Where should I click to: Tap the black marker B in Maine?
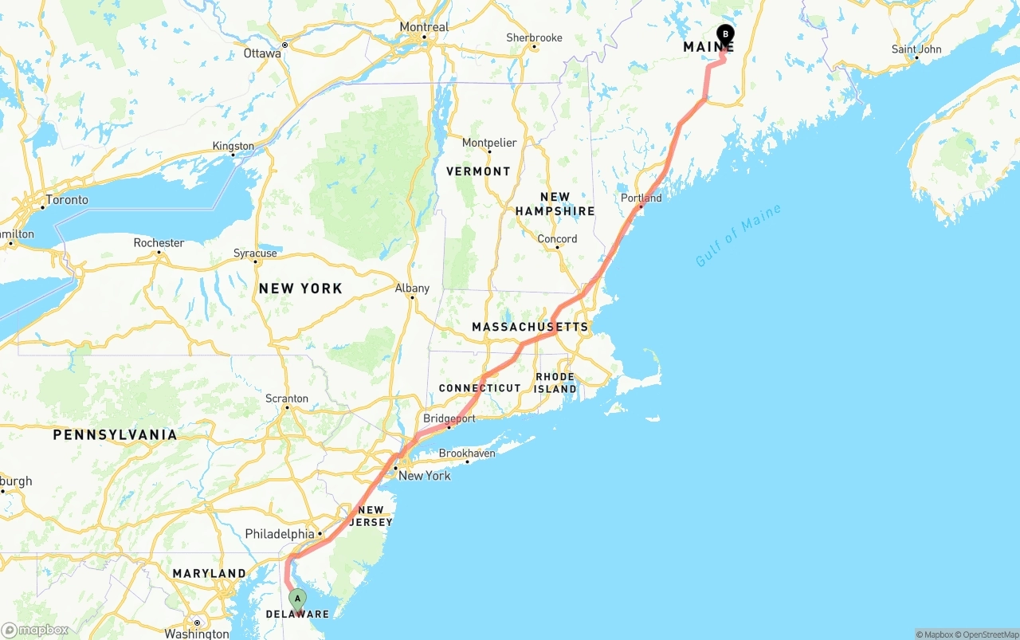coord(725,34)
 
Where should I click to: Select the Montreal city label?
coord(424,27)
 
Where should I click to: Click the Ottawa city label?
coord(262,53)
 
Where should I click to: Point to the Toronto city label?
coord(67,200)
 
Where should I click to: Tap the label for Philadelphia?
coord(280,534)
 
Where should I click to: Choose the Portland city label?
coord(641,198)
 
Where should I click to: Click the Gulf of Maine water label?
coord(738,236)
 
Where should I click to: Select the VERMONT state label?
coord(478,171)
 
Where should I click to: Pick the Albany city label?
coord(412,289)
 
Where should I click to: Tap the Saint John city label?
coord(916,49)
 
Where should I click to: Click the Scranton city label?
coord(287,399)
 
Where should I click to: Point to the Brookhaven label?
coord(467,453)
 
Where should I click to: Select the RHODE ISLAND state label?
coord(555,383)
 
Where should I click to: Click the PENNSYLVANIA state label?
coord(115,435)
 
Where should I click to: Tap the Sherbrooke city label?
coord(534,37)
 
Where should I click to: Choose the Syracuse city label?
coord(255,253)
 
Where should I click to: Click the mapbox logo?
coord(35,630)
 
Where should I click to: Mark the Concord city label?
coord(557,239)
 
